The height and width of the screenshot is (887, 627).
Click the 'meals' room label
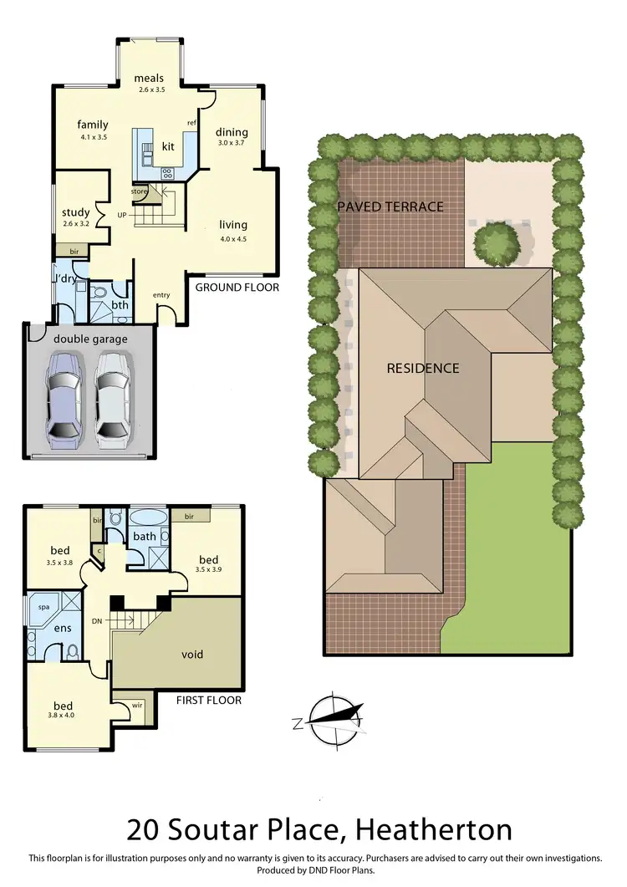click(x=150, y=79)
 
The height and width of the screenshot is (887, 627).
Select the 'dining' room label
click(x=232, y=132)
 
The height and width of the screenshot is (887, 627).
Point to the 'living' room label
click(x=233, y=225)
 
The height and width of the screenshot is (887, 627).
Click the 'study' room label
click(x=75, y=212)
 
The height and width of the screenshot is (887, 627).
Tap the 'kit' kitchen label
click(x=168, y=146)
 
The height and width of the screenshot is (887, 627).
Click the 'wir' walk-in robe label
click(x=136, y=706)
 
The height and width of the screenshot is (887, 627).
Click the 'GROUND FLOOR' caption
click(x=237, y=288)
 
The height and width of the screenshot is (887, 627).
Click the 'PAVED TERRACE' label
click(x=390, y=206)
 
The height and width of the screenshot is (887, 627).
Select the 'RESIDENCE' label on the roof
click(x=422, y=368)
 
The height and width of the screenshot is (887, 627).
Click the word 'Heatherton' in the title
click(x=434, y=830)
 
